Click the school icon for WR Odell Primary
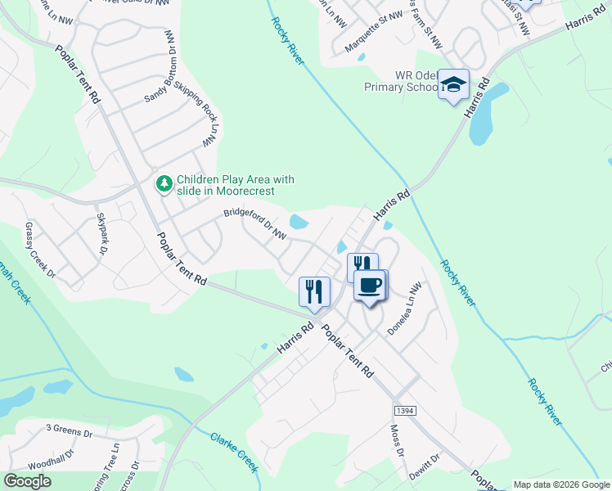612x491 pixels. [452, 84]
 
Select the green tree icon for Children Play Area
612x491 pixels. [165, 183]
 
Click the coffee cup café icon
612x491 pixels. [370, 286]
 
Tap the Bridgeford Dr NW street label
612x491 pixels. [254, 223]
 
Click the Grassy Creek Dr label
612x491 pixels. [39, 249]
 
